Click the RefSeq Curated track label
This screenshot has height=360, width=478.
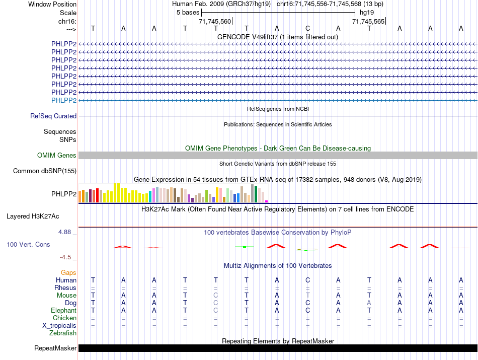(x=53, y=116)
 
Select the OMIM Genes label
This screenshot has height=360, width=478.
(x=56, y=156)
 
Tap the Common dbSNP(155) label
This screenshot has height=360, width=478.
(x=45, y=171)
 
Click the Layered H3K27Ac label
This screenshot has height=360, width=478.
(x=33, y=217)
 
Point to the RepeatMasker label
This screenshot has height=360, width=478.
(x=55, y=348)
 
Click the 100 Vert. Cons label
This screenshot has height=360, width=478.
(x=28, y=244)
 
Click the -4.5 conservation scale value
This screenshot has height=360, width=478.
(x=66, y=257)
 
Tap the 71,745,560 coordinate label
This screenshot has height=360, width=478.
(x=215, y=21)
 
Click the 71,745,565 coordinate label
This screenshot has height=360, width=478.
(x=369, y=21)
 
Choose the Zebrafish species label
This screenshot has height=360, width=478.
(x=63, y=333)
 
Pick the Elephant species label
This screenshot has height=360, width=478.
(x=63, y=311)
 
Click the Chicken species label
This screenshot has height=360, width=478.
(x=64, y=318)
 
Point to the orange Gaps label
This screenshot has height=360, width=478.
(x=68, y=272)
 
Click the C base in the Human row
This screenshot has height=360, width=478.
(x=308, y=280)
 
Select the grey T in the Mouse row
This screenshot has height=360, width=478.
(x=308, y=296)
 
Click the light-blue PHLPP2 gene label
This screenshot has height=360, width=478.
(x=64, y=100)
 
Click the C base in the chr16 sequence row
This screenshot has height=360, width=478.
(x=308, y=28)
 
